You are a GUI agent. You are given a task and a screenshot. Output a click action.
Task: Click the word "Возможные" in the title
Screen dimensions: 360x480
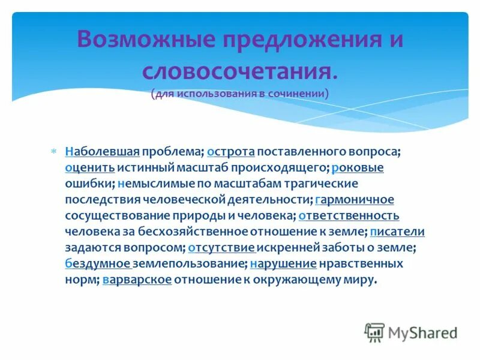[x=145, y=40]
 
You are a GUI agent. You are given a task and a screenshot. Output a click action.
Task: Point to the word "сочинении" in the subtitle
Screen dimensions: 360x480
[x=298, y=94]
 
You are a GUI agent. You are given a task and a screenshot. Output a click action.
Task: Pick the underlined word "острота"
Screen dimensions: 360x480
[x=231, y=152]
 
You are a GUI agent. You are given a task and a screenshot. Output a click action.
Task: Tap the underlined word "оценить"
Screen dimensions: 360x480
[x=89, y=168]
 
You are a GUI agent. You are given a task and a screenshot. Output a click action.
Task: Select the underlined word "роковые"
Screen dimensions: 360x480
[x=358, y=168]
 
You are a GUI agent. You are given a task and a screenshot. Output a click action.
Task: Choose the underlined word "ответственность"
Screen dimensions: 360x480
[x=349, y=215]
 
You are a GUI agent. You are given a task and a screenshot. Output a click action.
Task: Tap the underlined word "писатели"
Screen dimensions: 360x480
[x=397, y=232]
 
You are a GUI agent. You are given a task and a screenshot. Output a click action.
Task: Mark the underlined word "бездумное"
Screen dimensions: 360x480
[x=98, y=263]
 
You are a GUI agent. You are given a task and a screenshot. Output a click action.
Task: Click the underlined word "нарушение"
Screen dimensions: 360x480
[x=283, y=263]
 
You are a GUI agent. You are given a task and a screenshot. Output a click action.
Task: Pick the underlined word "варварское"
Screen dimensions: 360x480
[x=137, y=280]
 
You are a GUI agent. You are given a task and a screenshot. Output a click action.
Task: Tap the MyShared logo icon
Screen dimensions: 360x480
[x=374, y=332]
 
